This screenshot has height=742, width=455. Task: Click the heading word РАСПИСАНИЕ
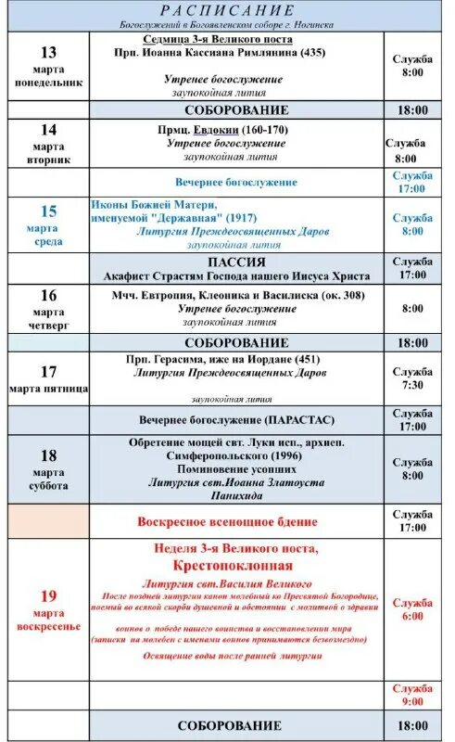pyautogui.click(x=227, y=11)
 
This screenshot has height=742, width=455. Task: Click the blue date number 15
pyautogui.click(x=48, y=211)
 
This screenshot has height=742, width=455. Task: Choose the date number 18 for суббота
pyautogui.click(x=48, y=455)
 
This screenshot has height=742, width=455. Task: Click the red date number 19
pyautogui.click(x=48, y=596)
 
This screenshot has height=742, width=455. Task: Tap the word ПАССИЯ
pyautogui.click(x=236, y=262)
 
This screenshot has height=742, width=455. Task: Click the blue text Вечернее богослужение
pyautogui.click(x=236, y=182)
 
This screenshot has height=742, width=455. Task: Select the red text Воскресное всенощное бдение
pyautogui.click(x=228, y=522)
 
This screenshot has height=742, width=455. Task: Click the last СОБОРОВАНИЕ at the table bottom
pyautogui.click(x=229, y=725)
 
